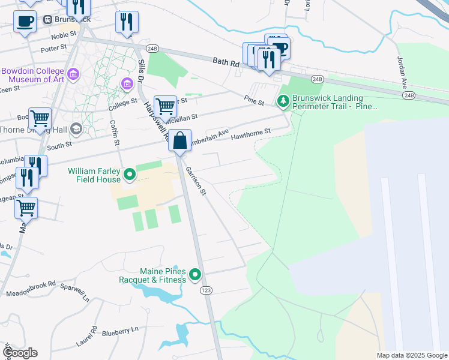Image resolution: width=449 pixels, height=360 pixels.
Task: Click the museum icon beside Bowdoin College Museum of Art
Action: coord(74,74)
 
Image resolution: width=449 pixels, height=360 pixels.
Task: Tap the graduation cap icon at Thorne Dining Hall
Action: coord(76,128)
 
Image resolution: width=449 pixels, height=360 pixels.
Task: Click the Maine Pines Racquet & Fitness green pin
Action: coord(195,275)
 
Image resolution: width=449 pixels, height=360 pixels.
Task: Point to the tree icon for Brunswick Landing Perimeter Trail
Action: coord(283,102)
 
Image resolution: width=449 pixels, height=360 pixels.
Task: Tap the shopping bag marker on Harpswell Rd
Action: coord(179,142)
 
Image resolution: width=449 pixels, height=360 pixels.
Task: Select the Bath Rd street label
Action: coord(226,61)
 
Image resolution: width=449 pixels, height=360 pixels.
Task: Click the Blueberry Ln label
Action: coord(120,330)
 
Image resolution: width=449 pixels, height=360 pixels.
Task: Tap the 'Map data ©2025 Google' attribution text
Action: coord(411,355)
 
